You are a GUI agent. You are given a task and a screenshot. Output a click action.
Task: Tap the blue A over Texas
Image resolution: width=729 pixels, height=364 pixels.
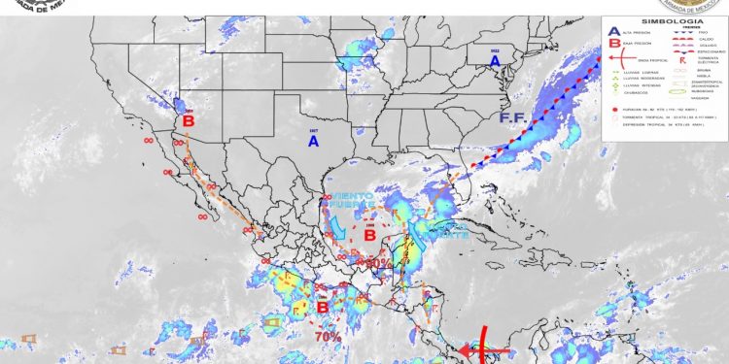[x=313, y=142]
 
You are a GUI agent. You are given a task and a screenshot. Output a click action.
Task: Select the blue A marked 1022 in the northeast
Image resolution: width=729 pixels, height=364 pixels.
[x=495, y=61]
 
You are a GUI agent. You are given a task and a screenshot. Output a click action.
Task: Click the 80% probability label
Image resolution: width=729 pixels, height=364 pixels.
[x=377, y=262]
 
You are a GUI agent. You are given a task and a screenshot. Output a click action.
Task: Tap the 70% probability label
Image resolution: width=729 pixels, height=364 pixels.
[x=328, y=336]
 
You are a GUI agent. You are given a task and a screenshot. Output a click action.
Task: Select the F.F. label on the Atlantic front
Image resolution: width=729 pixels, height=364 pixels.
[x=513, y=118]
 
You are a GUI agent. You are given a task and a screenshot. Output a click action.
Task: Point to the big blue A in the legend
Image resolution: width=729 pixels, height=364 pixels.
[x=612, y=32]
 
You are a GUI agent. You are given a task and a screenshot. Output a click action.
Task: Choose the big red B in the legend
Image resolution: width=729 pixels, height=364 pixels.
[x=612, y=44]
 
